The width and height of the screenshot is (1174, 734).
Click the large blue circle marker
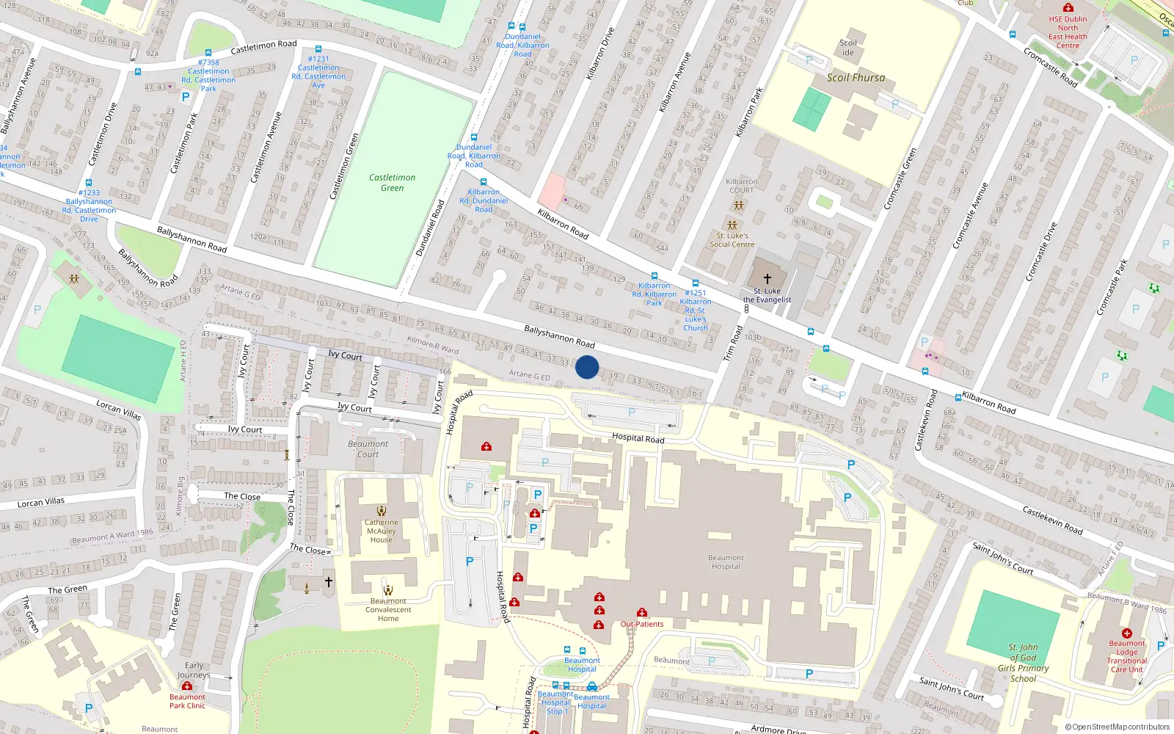[587, 367]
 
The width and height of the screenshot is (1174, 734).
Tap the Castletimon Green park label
[392, 183]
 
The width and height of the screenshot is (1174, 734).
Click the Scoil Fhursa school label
[856, 78]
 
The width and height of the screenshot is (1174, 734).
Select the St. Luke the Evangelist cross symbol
[768, 279]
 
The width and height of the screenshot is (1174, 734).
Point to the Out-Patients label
[642, 624]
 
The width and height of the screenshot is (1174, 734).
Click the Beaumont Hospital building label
[726, 562]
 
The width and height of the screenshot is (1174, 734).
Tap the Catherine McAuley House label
[381, 531]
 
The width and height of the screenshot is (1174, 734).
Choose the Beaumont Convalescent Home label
[388, 610]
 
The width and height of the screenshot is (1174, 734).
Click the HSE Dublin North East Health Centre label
[1068, 32]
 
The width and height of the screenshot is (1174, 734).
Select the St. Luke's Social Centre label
[732, 240]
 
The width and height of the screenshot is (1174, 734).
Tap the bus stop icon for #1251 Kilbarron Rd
[695, 283]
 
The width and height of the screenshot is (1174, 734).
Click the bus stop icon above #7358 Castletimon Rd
[208, 53]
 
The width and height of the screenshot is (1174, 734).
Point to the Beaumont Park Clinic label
[187, 701]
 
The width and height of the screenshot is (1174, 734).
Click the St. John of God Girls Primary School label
[1023, 663]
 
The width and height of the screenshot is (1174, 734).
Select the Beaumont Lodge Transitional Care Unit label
[1126, 656]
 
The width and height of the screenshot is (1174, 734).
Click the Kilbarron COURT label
[741, 186]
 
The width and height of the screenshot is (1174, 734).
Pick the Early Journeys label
[194, 670]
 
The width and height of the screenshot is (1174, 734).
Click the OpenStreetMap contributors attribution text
[1117, 727]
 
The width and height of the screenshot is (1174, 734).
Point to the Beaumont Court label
[368, 449]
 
